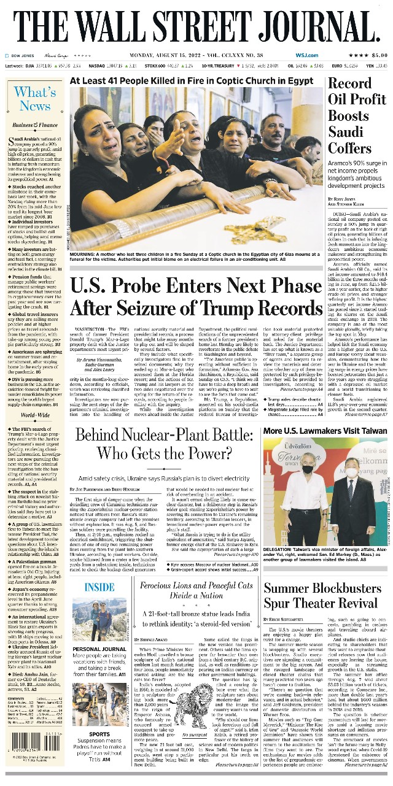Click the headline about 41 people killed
pyautogui.click(x=191, y=80)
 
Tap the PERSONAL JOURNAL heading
pyautogui.click(x=100, y=649)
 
